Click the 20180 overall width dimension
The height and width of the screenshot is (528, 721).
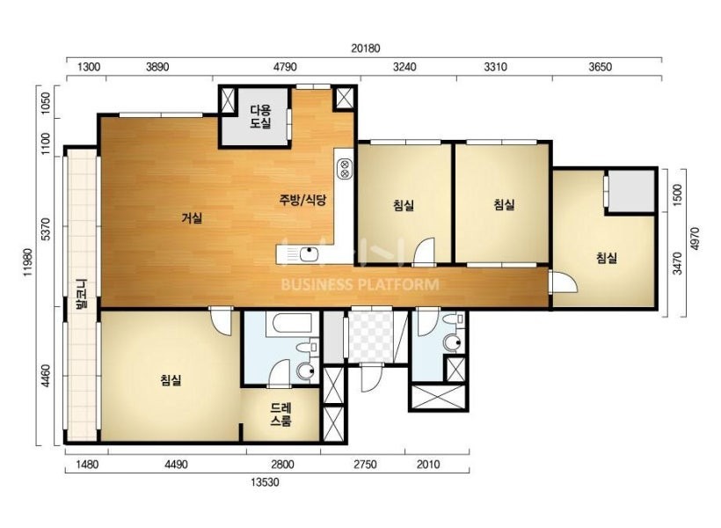(366, 48)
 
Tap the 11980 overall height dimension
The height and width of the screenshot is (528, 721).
(29, 262)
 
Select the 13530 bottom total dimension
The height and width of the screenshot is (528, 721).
(265, 482)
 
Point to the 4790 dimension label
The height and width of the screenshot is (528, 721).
(285, 67)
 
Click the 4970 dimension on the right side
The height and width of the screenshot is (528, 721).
(695, 238)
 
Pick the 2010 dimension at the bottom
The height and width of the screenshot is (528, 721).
(428, 465)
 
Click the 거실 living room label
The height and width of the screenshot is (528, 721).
(192, 217)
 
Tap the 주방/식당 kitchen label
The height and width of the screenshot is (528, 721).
(302, 200)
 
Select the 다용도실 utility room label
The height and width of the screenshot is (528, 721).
(261, 116)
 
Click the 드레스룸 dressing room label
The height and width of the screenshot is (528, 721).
(280, 414)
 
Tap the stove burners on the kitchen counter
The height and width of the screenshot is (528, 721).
(345, 168)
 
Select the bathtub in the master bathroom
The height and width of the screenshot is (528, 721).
(293, 323)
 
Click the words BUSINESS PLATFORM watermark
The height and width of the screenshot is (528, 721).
(360, 284)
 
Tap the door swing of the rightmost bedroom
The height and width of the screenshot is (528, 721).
(564, 282)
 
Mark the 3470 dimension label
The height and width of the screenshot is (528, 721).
(677, 263)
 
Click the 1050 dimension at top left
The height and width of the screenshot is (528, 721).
(45, 103)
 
